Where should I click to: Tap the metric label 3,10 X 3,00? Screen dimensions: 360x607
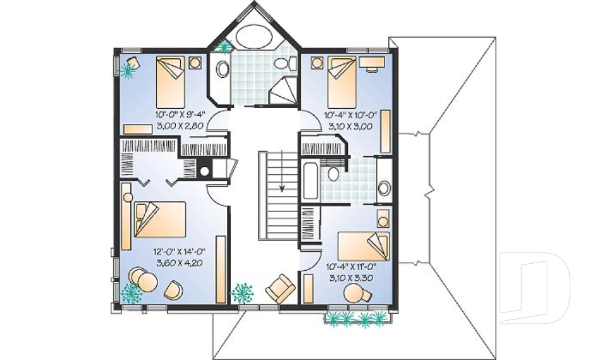pyautogui.click(x=350, y=126)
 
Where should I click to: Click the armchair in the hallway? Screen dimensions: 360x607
pyautogui.click(x=279, y=289)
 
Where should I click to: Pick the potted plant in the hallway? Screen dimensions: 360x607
pyautogui.click(x=242, y=292)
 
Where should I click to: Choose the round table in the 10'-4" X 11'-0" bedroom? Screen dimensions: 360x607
pyautogui.click(x=354, y=292)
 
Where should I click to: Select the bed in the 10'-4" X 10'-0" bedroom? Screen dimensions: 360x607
pyautogui.click(x=341, y=81)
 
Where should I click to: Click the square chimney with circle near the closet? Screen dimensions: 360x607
pyautogui.click(x=204, y=170)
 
